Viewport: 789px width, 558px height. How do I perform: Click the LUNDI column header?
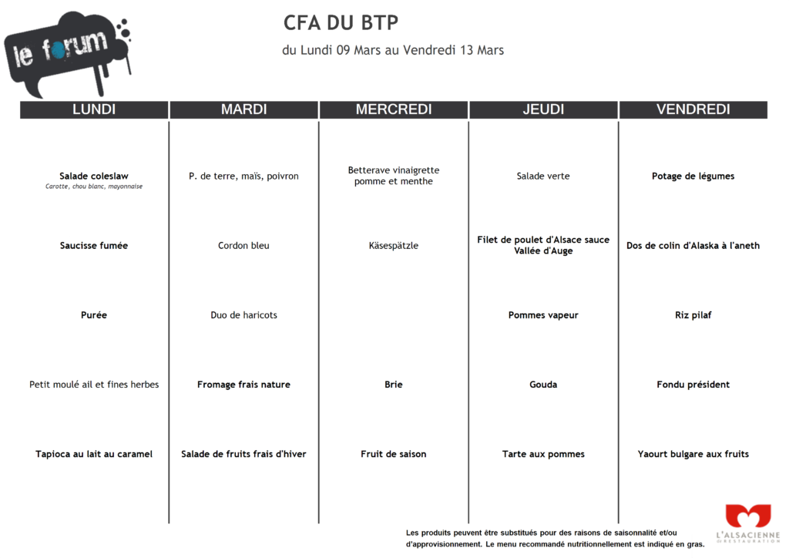[x=94, y=109]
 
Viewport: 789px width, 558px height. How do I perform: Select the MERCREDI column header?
[x=394, y=109]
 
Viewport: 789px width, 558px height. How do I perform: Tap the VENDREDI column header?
[x=693, y=109]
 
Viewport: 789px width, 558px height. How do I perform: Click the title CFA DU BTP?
[x=341, y=23]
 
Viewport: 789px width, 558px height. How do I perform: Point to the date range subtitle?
[x=393, y=50]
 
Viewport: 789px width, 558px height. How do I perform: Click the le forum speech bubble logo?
[x=65, y=52]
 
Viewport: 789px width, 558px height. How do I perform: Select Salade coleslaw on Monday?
[x=94, y=176]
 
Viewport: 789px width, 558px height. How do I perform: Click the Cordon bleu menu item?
[x=243, y=246]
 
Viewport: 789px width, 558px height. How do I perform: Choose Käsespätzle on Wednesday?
[x=394, y=246]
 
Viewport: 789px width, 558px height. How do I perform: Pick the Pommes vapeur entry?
[x=543, y=315]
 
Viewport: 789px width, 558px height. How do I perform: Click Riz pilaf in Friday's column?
[x=693, y=315]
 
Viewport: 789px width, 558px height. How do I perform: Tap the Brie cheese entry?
[x=394, y=385]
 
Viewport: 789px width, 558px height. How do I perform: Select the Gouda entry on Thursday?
[x=543, y=385]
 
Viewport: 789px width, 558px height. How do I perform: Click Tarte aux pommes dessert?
[x=543, y=454]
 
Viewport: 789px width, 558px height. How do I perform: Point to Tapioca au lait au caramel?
[x=94, y=454]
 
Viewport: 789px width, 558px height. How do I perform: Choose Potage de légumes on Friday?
[x=693, y=176]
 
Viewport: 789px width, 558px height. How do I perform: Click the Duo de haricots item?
[x=243, y=315]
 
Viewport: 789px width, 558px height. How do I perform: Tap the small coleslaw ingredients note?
[x=94, y=187]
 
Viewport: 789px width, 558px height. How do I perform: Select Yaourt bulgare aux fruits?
[x=693, y=454]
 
